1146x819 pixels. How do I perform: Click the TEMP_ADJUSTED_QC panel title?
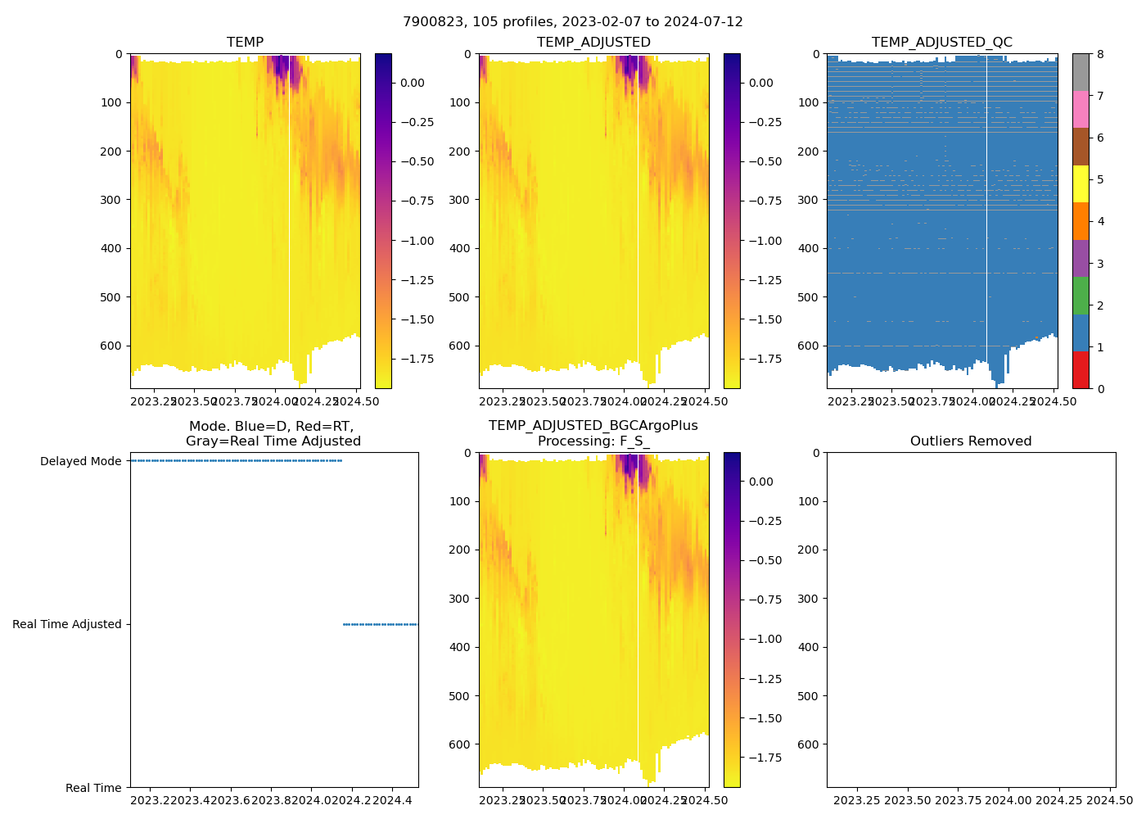click(x=941, y=43)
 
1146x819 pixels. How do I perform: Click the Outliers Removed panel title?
click(x=971, y=441)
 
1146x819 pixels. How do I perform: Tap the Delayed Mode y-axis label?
click(x=80, y=461)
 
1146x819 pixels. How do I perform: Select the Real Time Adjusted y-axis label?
click(x=67, y=624)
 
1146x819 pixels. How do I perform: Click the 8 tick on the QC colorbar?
click(x=1100, y=54)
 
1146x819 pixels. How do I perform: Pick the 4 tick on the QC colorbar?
click(x=1100, y=221)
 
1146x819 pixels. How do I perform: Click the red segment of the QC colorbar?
click(x=1081, y=369)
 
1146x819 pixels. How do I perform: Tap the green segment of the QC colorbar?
click(x=1081, y=295)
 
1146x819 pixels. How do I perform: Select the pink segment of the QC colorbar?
click(x=1081, y=109)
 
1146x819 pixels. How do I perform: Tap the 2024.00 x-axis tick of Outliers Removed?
click(x=1008, y=800)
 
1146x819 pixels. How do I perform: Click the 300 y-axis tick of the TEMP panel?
click(x=112, y=200)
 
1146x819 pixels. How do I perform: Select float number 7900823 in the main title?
click(x=435, y=22)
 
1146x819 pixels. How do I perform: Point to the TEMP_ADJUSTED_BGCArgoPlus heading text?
click(x=593, y=426)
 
